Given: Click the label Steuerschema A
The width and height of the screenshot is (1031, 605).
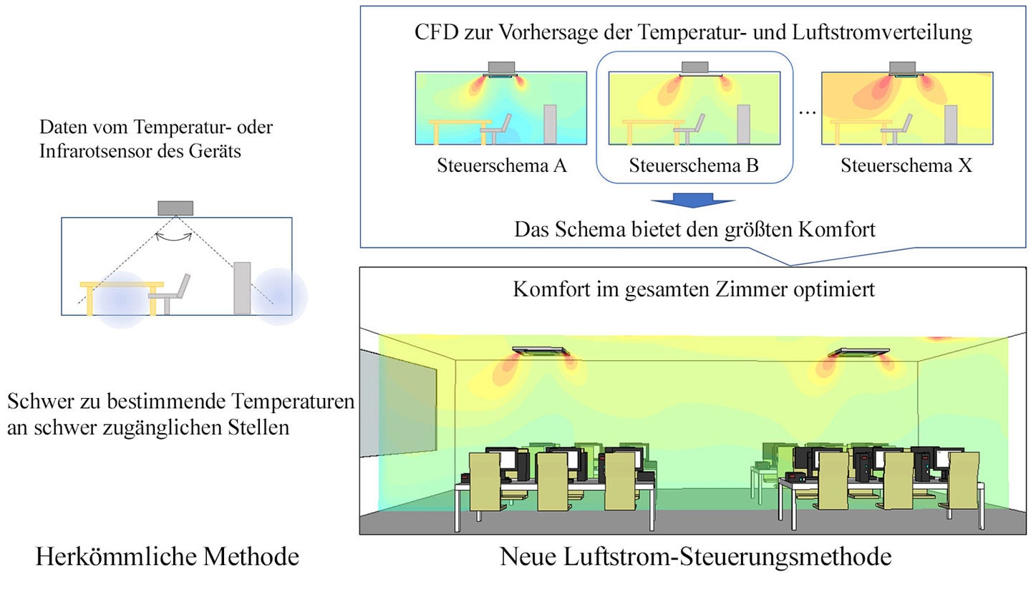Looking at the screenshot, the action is point(502,165).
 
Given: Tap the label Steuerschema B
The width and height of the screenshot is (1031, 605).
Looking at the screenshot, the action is point(694,165).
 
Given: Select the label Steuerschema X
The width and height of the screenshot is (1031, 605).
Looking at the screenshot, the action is point(906,165).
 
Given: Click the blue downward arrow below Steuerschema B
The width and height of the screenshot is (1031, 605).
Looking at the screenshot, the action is point(693,200).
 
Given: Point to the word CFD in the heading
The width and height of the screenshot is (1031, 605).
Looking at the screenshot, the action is point(436,32).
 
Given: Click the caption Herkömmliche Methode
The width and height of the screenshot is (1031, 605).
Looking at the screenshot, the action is point(168,556).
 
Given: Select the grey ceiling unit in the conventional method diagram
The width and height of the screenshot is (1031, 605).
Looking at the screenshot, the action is point(175,208).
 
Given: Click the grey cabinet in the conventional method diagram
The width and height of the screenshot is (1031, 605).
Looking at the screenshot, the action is point(242,289).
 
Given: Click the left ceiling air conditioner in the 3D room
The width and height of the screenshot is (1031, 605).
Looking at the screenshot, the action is point(541,352).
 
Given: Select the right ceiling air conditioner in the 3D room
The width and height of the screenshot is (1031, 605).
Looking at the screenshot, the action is point(859,352).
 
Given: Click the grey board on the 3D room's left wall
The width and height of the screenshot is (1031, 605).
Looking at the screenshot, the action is point(398,403).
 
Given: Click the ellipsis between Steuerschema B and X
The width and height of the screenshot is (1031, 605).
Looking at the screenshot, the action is point(808,112).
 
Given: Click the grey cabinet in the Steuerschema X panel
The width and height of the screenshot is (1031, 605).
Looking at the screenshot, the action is point(951,125).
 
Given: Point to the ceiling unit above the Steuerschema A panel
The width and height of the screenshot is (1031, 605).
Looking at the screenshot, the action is point(501,69).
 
